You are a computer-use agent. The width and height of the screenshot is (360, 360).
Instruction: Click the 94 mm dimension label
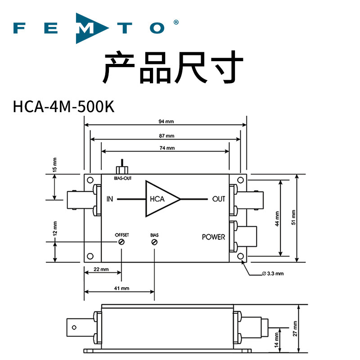[166, 121]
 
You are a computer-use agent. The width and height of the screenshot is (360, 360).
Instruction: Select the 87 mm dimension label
[166, 136]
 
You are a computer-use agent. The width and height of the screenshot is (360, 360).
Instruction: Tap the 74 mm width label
[167, 148]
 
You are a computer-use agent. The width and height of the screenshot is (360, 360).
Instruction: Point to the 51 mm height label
[293, 217]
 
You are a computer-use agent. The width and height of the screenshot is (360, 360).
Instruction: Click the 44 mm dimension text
[277, 219]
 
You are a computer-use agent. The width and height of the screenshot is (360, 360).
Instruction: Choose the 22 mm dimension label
[101, 269]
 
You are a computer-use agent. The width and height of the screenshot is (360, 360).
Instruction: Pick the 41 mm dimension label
[121, 288]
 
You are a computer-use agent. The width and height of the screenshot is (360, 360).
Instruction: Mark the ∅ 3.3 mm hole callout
[273, 274]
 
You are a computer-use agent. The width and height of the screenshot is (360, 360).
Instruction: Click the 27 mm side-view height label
[295, 328]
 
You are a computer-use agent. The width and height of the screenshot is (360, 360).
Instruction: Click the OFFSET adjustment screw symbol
[121, 242]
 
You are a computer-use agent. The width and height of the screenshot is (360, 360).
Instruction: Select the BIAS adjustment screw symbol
[154, 242]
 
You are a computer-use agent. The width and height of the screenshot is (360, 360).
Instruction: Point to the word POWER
[213, 237]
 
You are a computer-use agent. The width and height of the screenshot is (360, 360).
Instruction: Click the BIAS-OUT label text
[123, 178]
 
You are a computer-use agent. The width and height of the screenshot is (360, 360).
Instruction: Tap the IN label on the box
[110, 199]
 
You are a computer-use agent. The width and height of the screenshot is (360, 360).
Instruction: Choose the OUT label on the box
[219, 199]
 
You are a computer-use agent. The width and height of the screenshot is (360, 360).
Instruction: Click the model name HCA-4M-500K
[63, 107]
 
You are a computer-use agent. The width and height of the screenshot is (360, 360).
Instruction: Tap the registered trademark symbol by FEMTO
[176, 22]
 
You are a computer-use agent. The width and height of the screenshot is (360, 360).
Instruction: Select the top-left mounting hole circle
[90, 180]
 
